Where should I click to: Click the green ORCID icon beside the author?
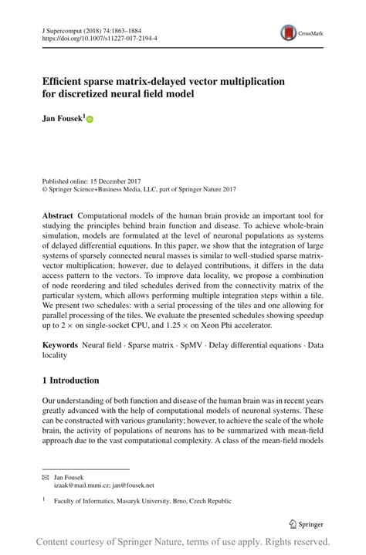click(x=90, y=120)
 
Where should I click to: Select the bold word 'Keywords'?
click(x=60, y=345)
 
